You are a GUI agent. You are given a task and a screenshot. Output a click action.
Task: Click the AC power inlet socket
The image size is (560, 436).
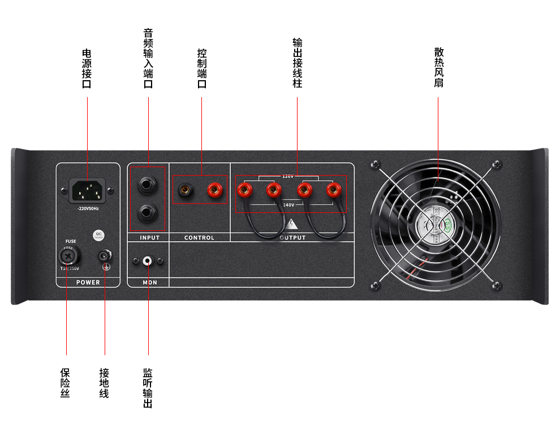88,190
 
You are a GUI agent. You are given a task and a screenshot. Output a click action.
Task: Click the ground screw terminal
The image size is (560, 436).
105,257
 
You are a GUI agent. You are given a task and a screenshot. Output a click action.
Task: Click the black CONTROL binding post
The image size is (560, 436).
184,189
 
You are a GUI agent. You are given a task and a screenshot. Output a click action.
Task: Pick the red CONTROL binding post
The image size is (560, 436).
214,189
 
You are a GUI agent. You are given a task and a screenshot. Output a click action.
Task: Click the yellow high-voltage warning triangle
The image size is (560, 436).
292,223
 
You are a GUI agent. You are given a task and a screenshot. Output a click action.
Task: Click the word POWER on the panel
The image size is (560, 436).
88,282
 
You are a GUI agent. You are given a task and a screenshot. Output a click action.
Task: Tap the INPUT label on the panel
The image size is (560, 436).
149,238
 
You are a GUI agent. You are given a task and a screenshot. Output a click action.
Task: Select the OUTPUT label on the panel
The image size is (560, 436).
292,238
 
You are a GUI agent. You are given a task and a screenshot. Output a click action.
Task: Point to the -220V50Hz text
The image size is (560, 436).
88,209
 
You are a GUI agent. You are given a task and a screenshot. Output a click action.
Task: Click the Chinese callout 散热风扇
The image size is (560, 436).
438,67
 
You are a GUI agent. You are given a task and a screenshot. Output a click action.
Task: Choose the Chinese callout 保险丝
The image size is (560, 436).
66,383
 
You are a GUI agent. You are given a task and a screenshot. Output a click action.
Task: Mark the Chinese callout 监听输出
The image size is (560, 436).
148,388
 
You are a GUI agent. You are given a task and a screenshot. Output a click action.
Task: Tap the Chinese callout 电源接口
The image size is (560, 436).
87,68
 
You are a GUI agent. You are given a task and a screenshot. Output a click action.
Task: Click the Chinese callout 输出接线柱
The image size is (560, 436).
297,63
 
